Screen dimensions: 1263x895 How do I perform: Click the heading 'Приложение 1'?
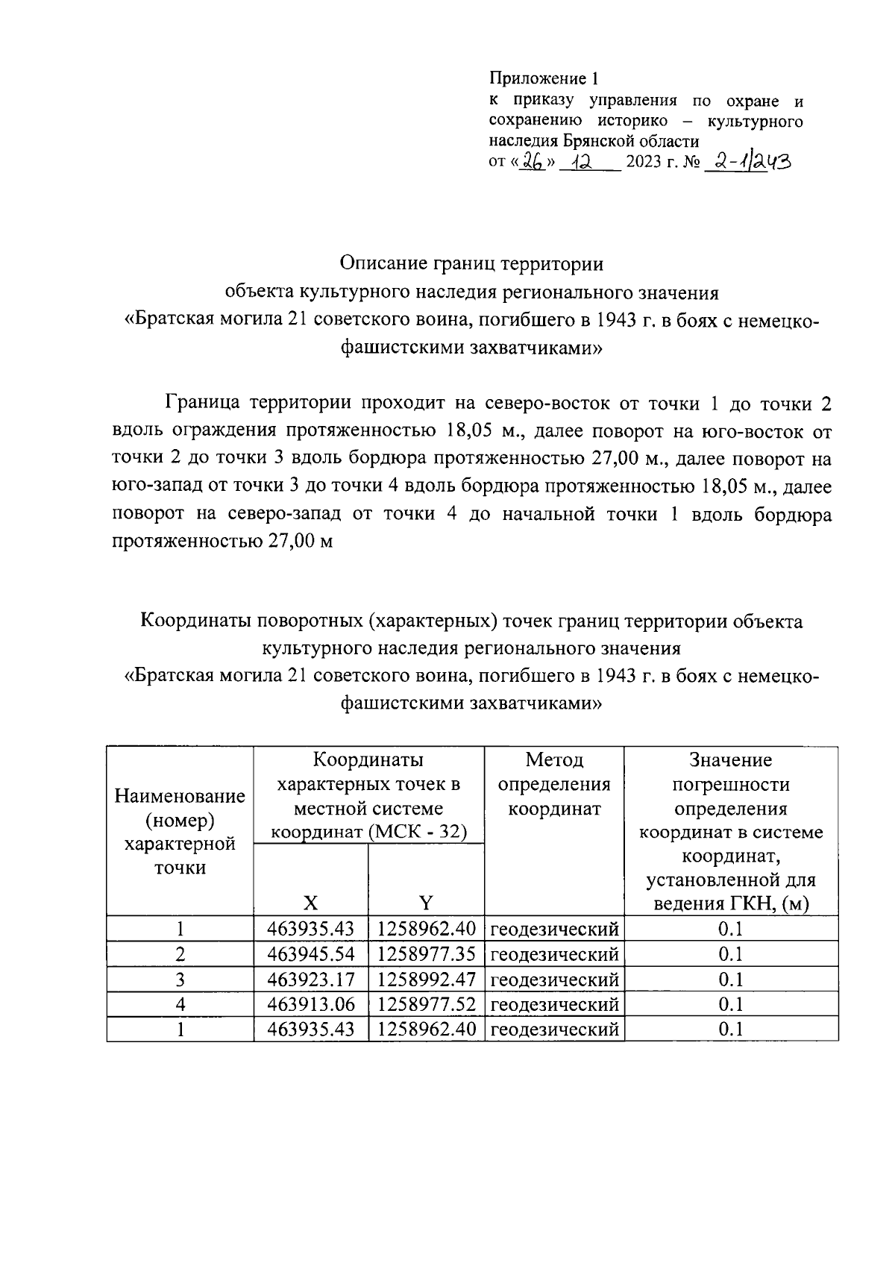544,78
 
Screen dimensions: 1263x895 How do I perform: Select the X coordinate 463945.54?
311,955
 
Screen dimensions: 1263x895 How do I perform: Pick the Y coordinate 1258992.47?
426,980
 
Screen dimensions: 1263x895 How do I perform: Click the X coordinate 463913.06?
311,1005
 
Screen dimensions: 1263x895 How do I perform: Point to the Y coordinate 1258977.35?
426,955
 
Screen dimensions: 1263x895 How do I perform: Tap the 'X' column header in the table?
310,903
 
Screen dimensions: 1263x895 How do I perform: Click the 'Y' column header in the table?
425,903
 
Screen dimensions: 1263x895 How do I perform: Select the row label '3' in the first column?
180,980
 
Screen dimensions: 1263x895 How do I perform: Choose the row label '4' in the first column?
180,1005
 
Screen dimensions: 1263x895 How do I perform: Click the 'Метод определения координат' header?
554,785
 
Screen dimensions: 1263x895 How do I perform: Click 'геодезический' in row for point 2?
554,955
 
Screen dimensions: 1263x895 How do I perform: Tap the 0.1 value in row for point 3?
731,980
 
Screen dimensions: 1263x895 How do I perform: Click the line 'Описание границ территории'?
471,264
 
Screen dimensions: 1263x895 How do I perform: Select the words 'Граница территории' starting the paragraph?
258,404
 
